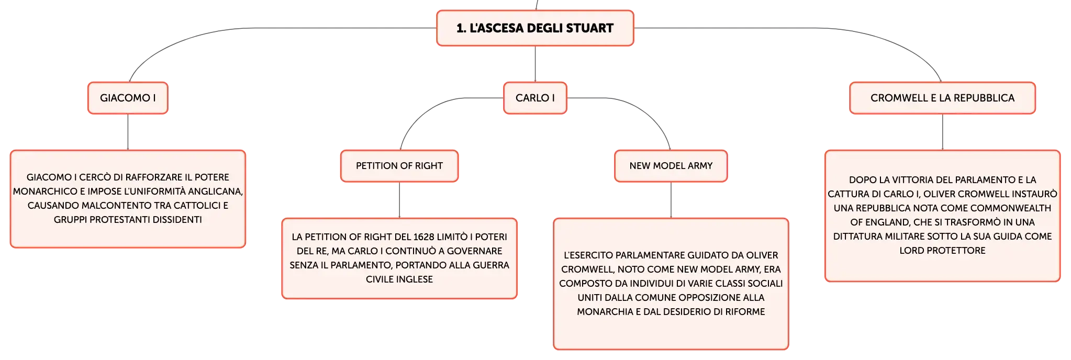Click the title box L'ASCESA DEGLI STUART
coord(535,28)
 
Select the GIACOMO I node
coord(128,98)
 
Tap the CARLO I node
coord(535,98)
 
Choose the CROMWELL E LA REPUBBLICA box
coord(942,98)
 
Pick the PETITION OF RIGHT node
coord(399,166)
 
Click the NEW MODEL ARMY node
coord(671,166)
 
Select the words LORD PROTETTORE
coord(942,251)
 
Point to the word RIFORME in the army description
coord(745,312)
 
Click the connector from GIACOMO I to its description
coord(128,132)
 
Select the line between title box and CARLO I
coord(535,64)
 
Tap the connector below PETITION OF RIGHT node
coord(399,200)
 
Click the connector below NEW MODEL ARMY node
coord(671,200)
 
